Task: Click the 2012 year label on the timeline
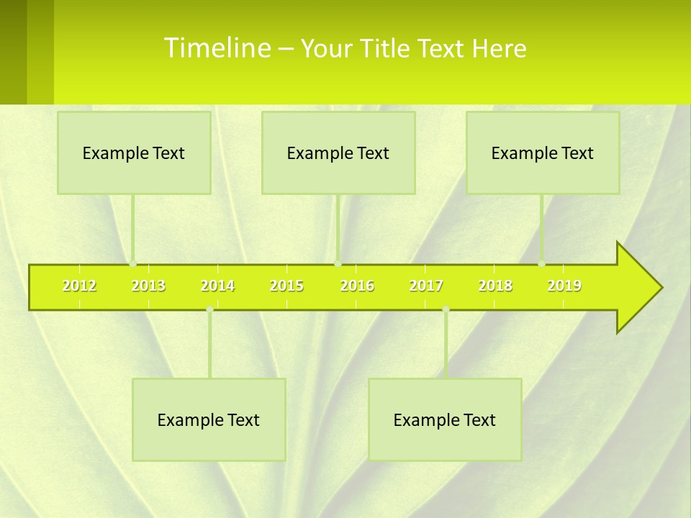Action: [79, 286]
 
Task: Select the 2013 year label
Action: [148, 286]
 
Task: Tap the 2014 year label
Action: [217, 286]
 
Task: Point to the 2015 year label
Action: [286, 286]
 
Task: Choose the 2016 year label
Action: [357, 286]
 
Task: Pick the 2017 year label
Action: [426, 286]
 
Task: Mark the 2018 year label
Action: [495, 286]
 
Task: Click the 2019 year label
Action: [564, 286]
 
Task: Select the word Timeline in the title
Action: [216, 48]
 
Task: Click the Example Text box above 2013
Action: [134, 153]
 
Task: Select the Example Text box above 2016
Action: [338, 153]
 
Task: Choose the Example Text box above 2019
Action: [543, 153]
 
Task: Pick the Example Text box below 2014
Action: [209, 419]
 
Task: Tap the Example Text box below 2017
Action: [445, 419]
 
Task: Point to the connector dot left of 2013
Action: [133, 264]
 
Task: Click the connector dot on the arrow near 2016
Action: [338, 264]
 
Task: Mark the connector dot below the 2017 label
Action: [446, 309]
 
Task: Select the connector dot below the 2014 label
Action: [209, 309]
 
